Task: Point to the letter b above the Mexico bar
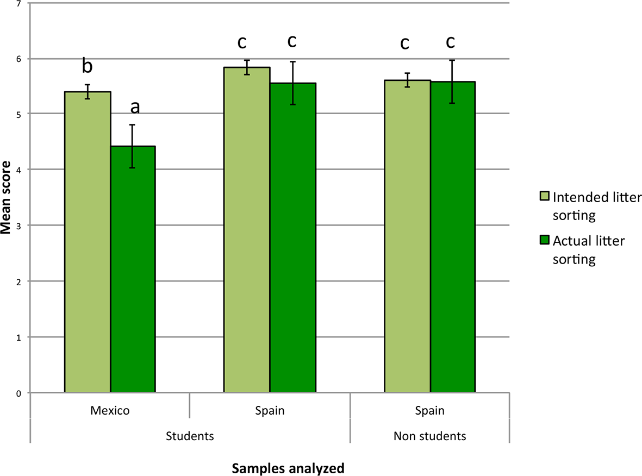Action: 87,66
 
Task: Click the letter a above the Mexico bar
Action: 134,108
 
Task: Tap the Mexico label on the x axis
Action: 110,411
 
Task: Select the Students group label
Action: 190,436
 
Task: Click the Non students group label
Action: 429,436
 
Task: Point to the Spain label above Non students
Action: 429,411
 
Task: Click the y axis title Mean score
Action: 7,199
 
